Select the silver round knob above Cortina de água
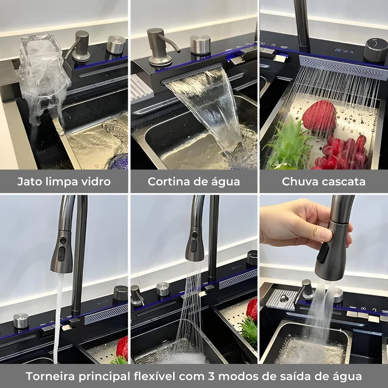pos(200,45)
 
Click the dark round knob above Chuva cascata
pos(376,50)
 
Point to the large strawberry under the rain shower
pos(319,116)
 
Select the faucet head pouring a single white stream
pos(62,251)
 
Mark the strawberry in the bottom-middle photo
pos(252,309)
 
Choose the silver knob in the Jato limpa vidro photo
pos(116,45)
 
